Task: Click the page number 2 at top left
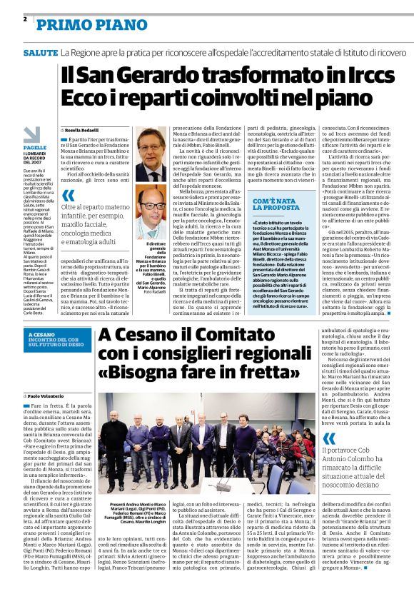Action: click(25, 19)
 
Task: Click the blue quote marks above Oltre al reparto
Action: click(69, 195)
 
